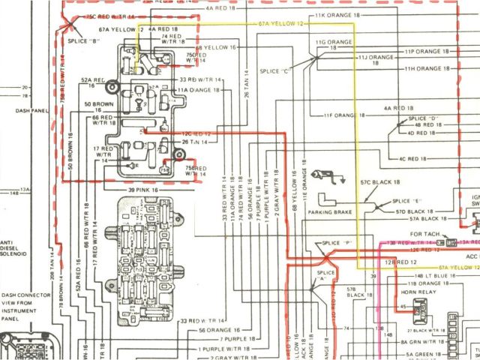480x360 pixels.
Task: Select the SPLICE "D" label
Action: point(423,118)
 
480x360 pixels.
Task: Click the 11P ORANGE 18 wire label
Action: point(430,52)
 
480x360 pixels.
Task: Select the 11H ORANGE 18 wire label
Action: point(430,68)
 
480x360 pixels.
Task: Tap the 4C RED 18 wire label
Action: point(412,159)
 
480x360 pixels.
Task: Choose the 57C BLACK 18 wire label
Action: point(380,182)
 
